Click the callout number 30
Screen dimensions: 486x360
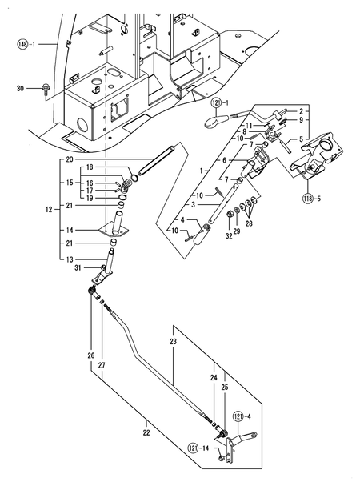point(21,89)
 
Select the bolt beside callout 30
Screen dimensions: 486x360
point(44,90)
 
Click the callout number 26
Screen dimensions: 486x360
point(90,355)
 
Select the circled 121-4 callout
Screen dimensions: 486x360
point(241,416)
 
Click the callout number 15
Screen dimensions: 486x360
point(70,183)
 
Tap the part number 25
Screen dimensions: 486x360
point(224,386)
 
